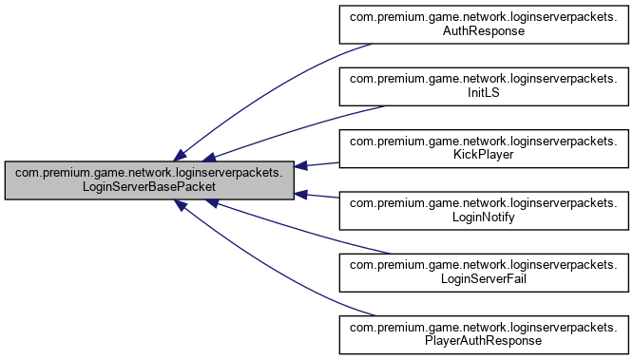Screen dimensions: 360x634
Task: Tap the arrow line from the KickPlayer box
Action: coord(319,163)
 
